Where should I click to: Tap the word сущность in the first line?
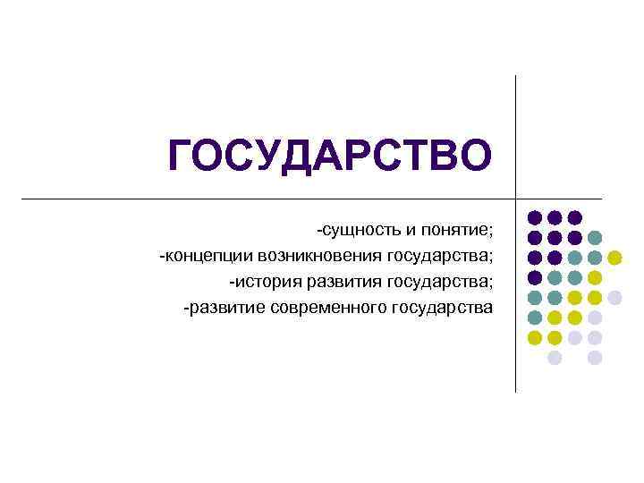[x=360, y=231]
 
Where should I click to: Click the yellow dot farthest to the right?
[x=614, y=258]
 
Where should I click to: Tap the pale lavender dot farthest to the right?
[x=614, y=298]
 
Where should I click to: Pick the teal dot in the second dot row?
[x=595, y=238]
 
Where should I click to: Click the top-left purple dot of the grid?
[x=534, y=217]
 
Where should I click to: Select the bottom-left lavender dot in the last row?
[x=555, y=358]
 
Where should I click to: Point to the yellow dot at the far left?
[x=534, y=338]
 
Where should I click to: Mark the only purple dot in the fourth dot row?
[x=534, y=277]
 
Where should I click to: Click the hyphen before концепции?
[x=163, y=258]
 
